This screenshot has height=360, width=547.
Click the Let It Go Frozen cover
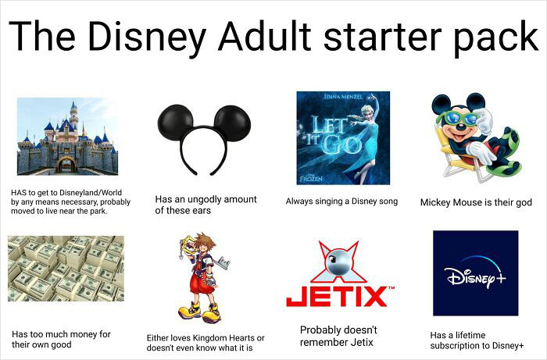click(343, 138)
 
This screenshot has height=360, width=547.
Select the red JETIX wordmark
click(337, 297)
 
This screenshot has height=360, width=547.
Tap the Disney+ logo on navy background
click(475, 273)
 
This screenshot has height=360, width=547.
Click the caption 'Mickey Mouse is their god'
click(476, 202)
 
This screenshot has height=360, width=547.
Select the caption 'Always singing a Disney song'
click(341, 201)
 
